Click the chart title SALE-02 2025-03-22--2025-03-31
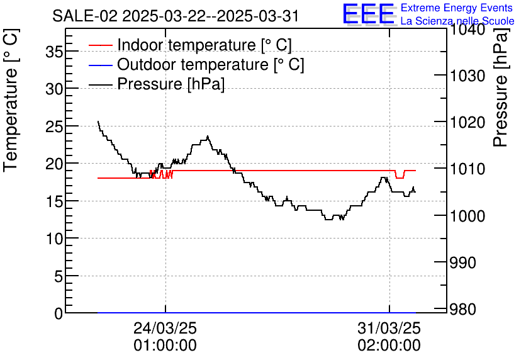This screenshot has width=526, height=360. (176, 16)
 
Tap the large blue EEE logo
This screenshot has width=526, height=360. (368, 14)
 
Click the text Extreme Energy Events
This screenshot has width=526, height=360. (457, 8)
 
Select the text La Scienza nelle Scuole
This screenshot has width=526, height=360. (457, 21)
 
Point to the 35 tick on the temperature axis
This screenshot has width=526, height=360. (55, 52)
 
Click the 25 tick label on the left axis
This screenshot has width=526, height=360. (55, 127)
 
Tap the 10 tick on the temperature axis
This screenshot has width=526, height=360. (55, 239)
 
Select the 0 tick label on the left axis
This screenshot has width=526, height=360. (59, 313)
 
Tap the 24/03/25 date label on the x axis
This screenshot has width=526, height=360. (165, 329)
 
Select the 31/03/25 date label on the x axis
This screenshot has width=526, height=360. (389, 329)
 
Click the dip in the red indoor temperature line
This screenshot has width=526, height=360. (399, 177)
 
